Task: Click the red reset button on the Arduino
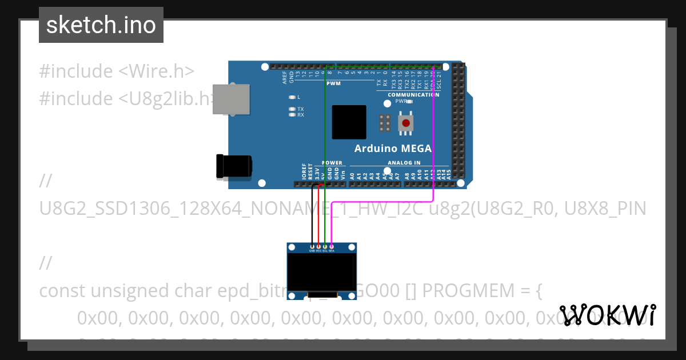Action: (406, 123)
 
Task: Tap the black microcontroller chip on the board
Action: (349, 122)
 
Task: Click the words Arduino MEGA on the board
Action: (393, 149)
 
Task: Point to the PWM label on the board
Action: (333, 83)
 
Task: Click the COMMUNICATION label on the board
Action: (413, 95)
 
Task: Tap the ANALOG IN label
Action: (404, 163)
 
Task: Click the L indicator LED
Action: (292, 97)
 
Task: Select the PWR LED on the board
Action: (409, 101)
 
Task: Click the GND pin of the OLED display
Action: (312, 246)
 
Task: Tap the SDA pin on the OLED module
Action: (332, 246)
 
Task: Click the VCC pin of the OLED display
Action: (318, 246)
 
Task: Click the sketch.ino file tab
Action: (101, 25)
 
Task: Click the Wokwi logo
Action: (607, 315)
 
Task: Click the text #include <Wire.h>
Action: (117, 71)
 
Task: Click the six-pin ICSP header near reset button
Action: (385, 123)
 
